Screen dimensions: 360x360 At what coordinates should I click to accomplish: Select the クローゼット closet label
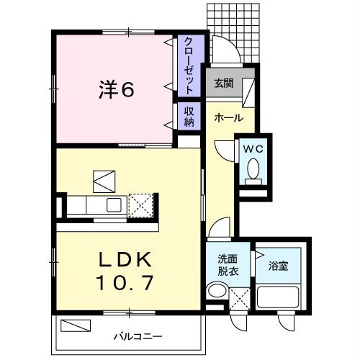click(188, 66)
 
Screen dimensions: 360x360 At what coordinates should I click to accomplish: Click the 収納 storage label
click(189, 116)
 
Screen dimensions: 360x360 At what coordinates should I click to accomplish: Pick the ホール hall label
click(228, 119)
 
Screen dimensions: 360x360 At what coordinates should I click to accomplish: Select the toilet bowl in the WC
click(253, 168)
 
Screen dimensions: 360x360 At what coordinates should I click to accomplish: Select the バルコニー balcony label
click(137, 336)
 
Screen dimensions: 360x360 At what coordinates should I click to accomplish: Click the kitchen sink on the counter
click(114, 205)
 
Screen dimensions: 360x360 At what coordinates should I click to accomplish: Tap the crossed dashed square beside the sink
click(141, 204)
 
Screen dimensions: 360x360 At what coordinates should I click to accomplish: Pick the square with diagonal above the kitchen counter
click(103, 179)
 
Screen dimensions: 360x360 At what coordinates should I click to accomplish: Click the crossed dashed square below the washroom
click(241, 297)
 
